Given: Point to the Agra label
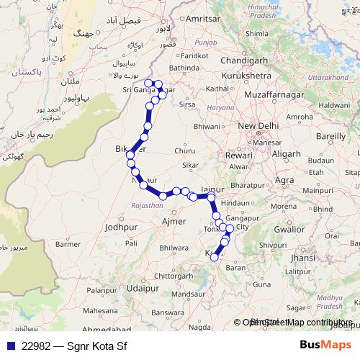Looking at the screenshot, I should [285, 179].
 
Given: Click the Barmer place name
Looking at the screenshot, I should [69, 244].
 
